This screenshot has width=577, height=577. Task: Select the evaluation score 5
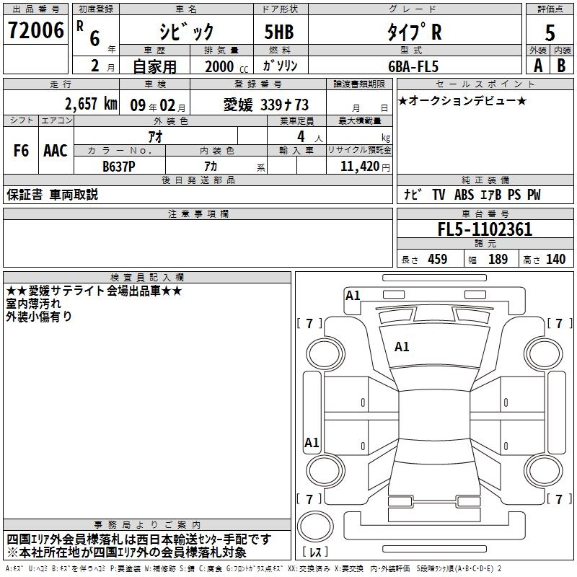[550, 32]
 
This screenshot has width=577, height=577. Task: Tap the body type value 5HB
[274, 32]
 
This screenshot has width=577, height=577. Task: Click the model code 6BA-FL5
[412, 66]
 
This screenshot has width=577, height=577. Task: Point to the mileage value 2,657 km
[91, 104]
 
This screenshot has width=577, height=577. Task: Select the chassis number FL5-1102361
[485, 229]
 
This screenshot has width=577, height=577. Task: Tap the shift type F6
[22, 151]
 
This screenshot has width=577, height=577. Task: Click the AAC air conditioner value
[56, 151]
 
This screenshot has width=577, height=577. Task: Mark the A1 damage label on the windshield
[402, 347]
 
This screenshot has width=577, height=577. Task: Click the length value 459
[438, 259]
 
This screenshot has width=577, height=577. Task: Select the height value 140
[555, 259]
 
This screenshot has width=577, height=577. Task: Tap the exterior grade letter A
[537, 65]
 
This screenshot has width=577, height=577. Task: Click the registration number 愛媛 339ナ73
[266, 105]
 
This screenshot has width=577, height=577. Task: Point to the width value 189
[498, 259]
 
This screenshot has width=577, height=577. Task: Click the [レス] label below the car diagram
[315, 553]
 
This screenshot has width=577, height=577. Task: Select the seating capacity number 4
[300, 136]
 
